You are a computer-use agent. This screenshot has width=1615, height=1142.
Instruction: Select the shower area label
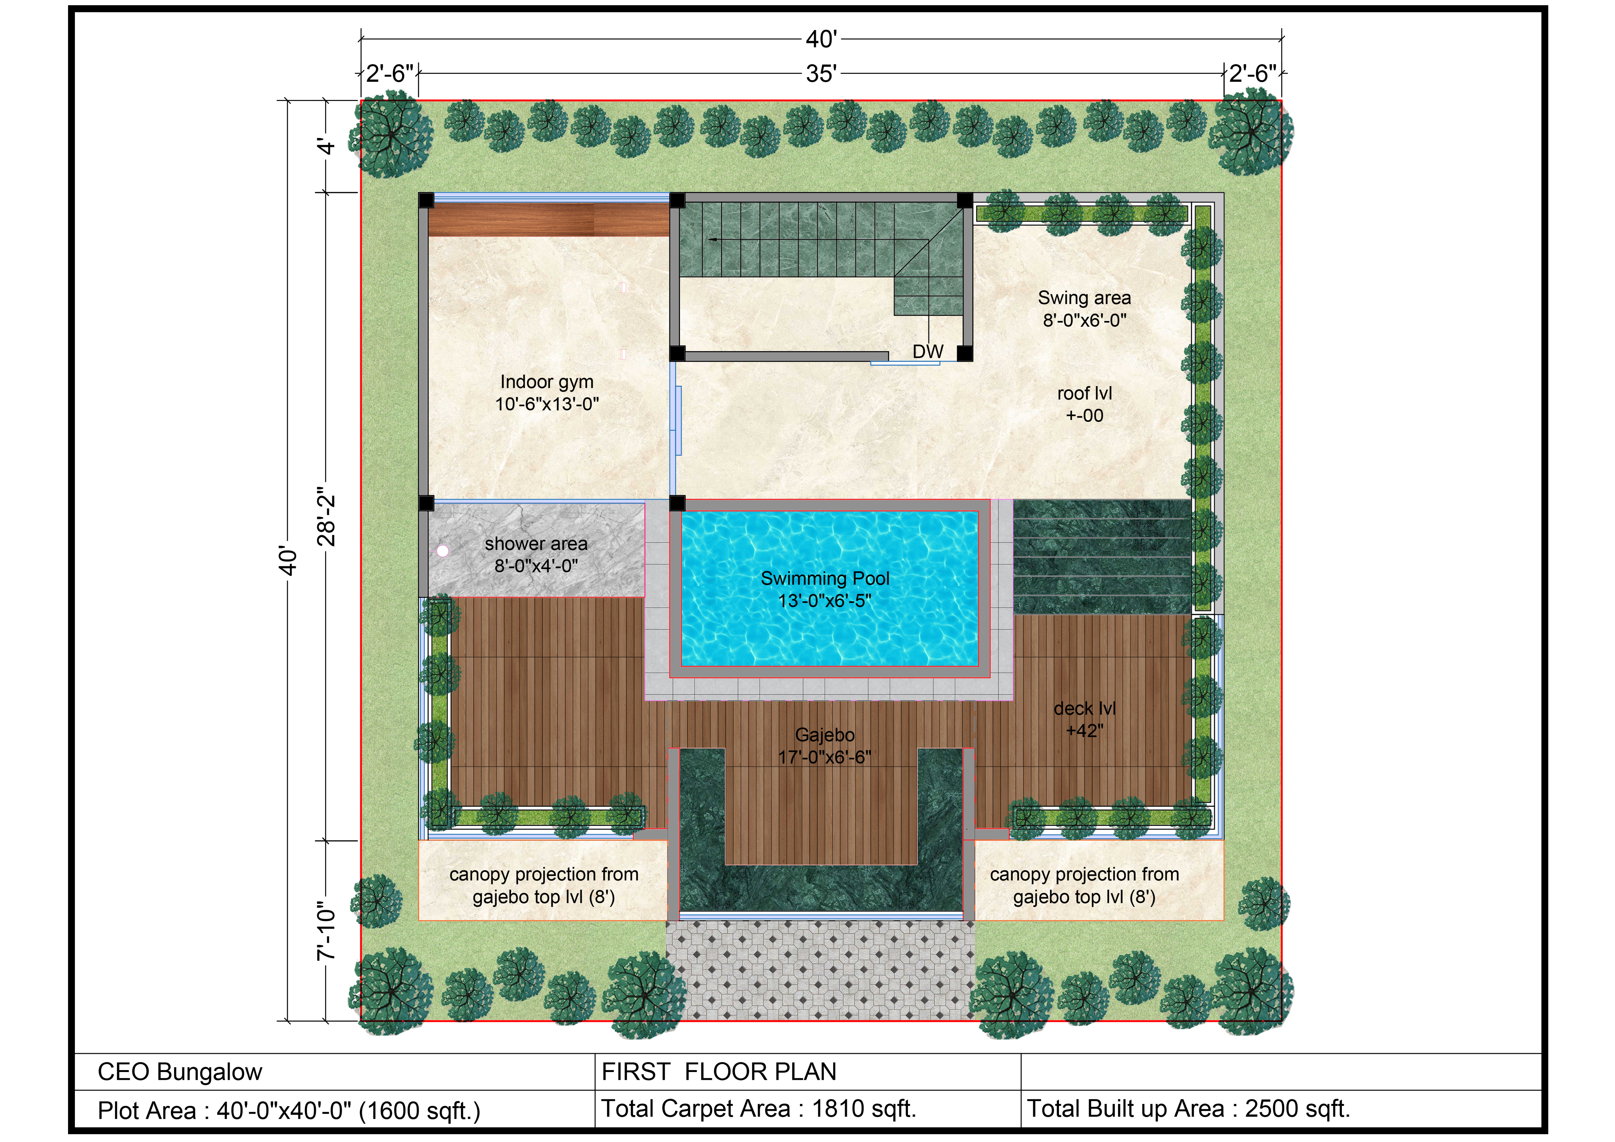(536, 554)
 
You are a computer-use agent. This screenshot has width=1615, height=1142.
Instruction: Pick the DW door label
(928, 352)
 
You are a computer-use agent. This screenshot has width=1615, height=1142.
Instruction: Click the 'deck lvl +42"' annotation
(1085, 719)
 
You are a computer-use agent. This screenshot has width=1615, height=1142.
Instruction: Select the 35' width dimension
(821, 73)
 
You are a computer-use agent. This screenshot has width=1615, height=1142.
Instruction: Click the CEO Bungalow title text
(180, 1072)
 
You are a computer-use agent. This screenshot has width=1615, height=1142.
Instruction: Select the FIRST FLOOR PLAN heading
(719, 1072)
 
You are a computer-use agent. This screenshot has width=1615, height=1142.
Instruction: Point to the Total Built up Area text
(1189, 1109)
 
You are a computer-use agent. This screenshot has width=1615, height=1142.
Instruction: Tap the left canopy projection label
(544, 885)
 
